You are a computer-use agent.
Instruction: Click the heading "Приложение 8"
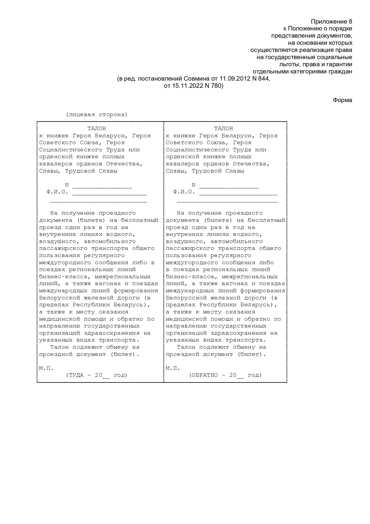(x=331, y=21)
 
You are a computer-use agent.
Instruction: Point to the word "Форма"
(x=342, y=100)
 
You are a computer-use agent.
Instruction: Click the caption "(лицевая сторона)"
(x=97, y=115)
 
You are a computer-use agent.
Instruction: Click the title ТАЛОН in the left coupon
(x=97, y=129)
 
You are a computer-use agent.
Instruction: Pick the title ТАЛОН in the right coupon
(x=223, y=129)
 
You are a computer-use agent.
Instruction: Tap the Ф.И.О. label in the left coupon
(x=57, y=192)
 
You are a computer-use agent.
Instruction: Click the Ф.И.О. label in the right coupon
(x=184, y=192)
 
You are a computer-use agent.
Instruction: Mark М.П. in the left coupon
(x=46, y=368)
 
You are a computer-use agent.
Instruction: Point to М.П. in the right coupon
(x=173, y=368)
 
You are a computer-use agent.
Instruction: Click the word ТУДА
(x=76, y=375)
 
